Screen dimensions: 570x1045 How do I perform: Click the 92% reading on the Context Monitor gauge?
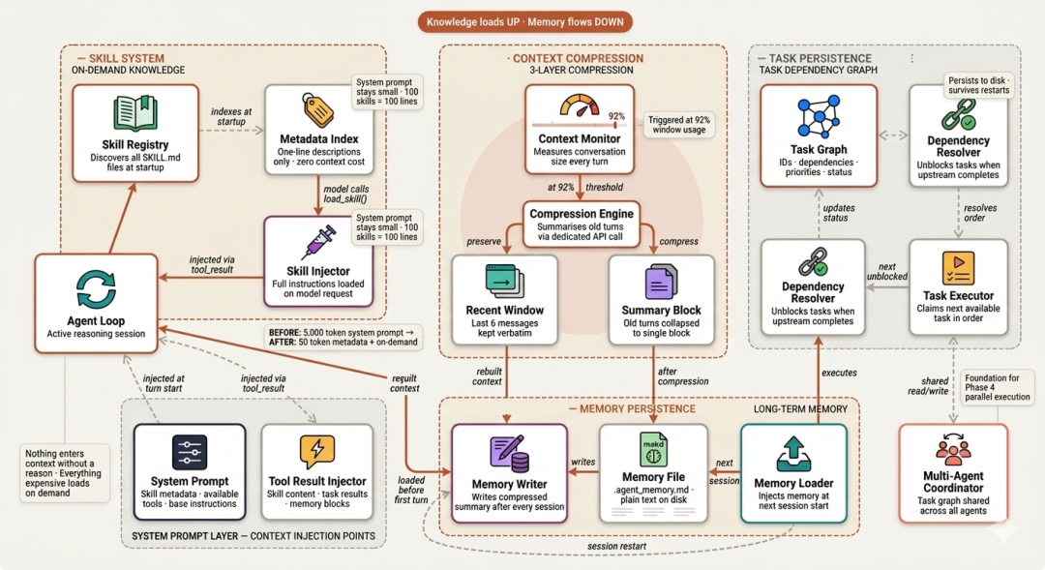[614, 114]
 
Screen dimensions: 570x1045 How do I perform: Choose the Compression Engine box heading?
[582, 214]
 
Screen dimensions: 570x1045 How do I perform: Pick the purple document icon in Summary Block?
[660, 283]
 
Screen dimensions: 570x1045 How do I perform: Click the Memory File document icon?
[653, 448]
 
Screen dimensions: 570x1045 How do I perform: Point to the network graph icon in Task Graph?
[818, 116]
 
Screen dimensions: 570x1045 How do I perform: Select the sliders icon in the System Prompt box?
[190, 452]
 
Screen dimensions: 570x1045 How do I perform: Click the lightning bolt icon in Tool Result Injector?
[316, 452]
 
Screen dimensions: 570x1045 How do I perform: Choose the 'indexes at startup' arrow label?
[231, 117]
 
